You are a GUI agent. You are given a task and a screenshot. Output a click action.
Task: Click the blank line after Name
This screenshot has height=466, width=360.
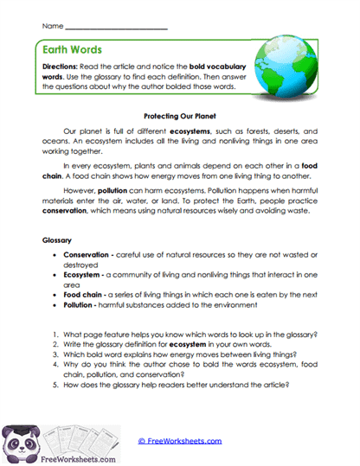pos(116,26)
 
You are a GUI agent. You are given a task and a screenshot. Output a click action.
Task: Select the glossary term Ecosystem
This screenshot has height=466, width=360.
pos(84,277)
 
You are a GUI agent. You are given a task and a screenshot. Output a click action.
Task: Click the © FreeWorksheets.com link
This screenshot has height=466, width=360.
pos(179,440)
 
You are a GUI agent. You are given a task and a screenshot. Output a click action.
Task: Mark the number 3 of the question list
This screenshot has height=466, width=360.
pos(55,355)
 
